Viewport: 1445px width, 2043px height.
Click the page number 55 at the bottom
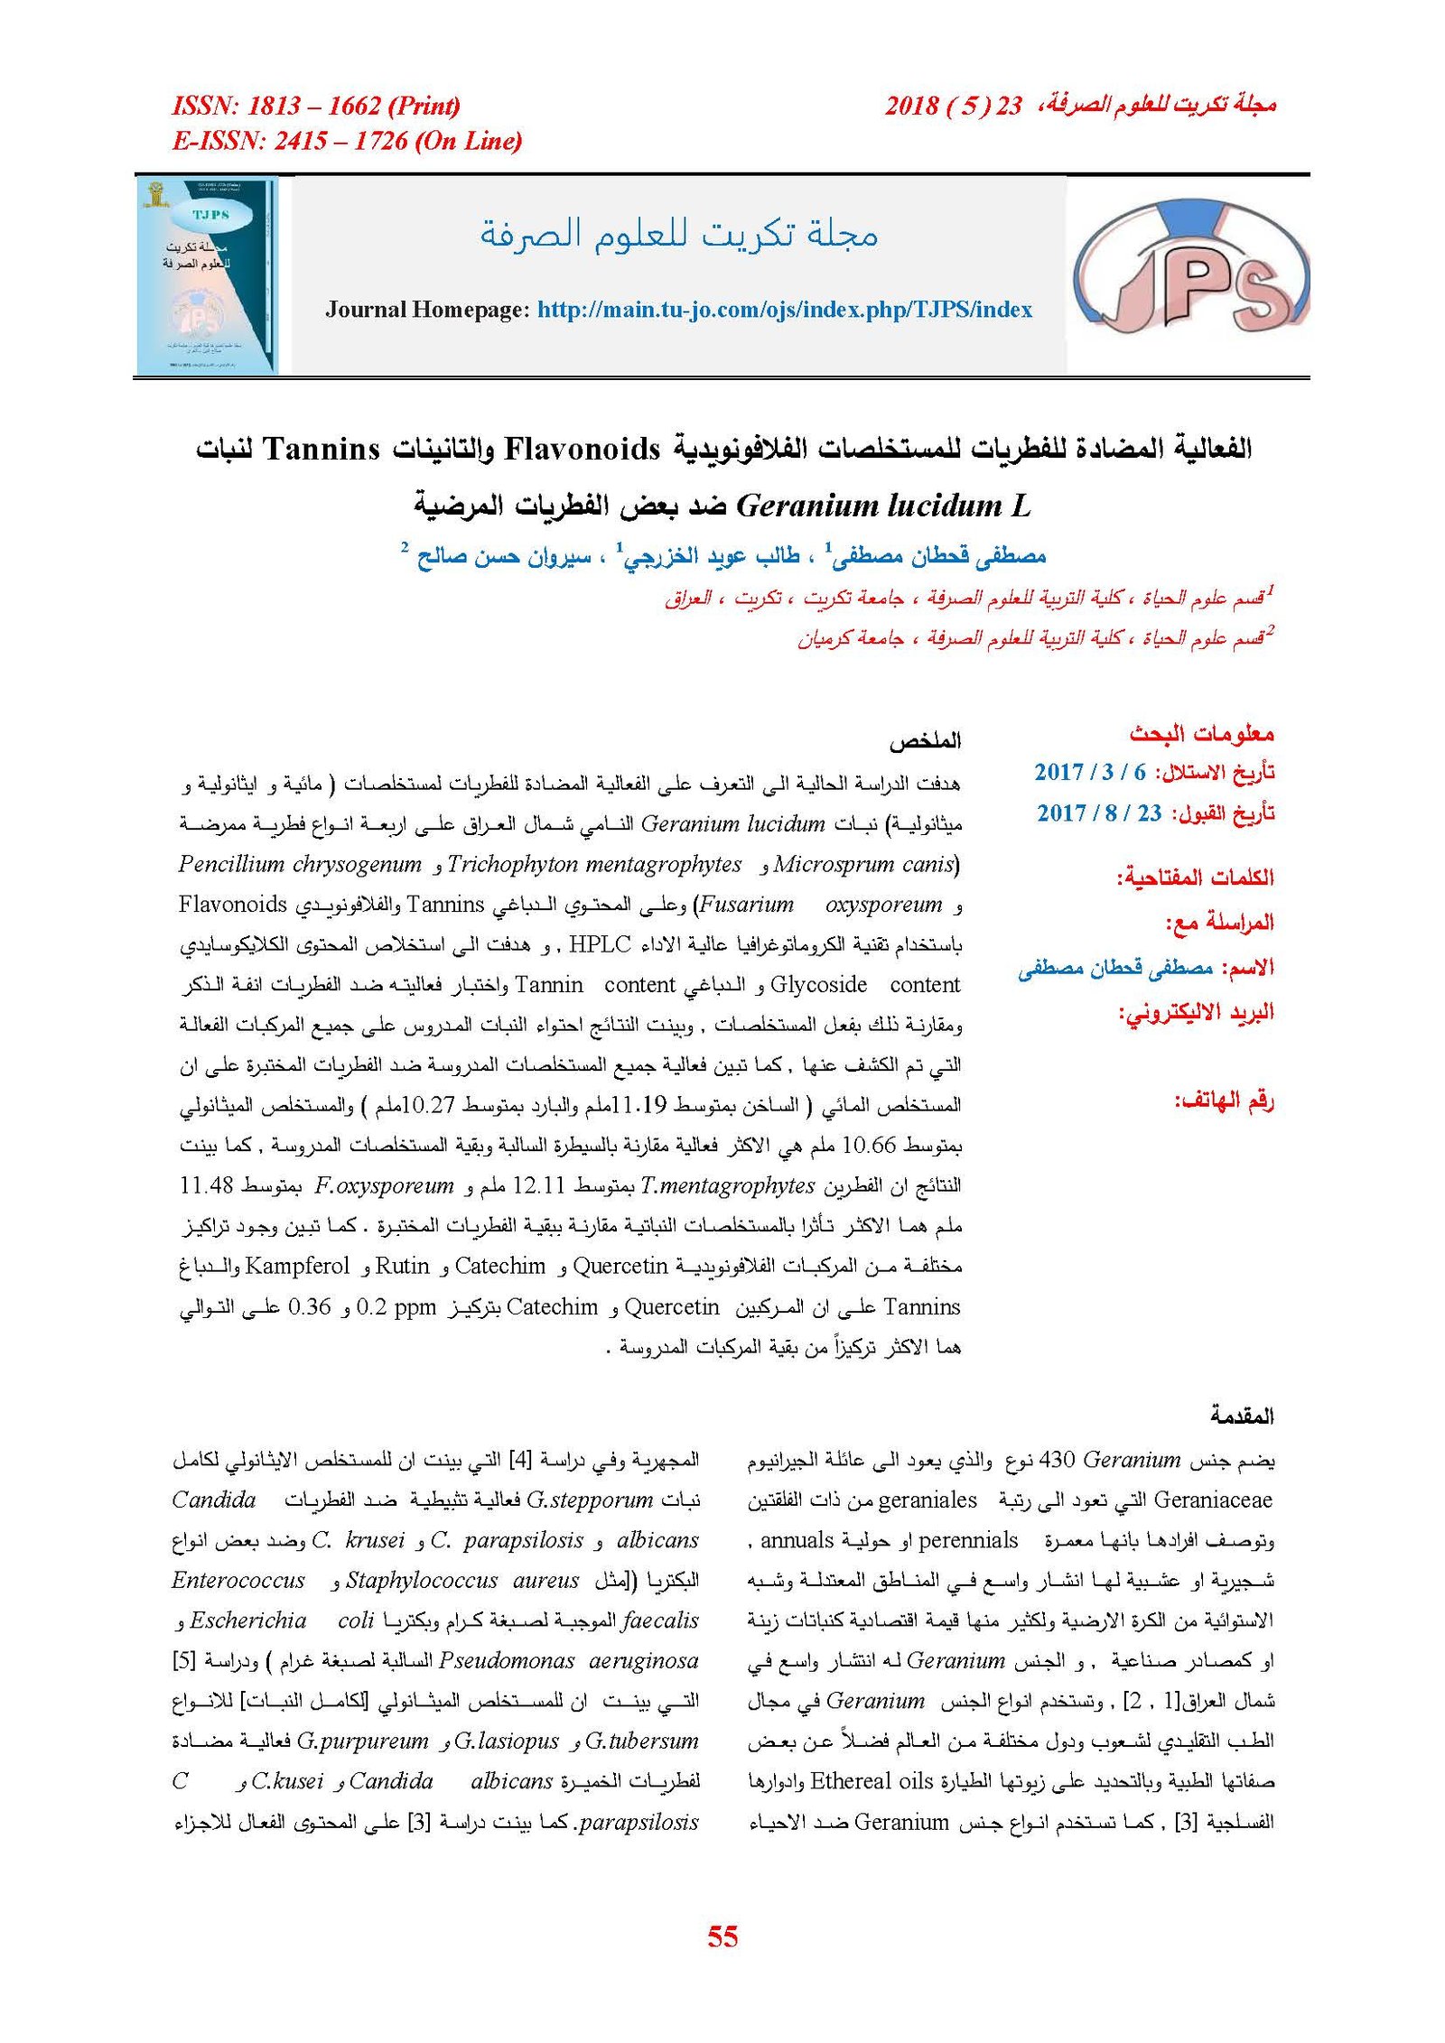pos(722,1936)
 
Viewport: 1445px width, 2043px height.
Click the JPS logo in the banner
pos(1190,274)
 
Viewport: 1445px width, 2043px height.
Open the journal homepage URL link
pos(784,310)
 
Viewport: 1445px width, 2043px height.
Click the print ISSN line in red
pos(316,107)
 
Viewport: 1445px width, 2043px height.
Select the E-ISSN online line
pos(347,141)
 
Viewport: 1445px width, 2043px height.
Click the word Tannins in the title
pos(322,449)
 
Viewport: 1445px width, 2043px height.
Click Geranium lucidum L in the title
pos(883,506)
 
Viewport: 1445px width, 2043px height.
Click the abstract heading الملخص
pos(925,742)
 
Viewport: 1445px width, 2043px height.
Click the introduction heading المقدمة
pos(1242,1415)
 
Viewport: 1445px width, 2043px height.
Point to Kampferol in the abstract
pos(296,1266)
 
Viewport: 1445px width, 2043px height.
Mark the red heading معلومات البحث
pos(1201,733)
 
